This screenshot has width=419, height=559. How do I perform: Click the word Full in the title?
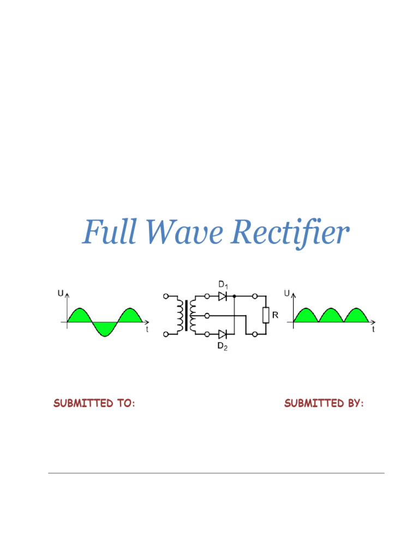(111, 233)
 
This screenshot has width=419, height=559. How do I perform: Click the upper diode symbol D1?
(222, 296)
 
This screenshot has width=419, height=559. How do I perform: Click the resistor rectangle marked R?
(266, 315)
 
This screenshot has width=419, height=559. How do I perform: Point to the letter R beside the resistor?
(276, 315)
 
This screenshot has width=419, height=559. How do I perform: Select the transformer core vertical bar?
(186, 315)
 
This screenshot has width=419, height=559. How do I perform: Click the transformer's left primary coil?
(179, 315)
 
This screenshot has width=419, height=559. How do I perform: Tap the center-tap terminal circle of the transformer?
(207, 315)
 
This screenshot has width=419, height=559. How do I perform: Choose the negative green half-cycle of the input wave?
(105, 328)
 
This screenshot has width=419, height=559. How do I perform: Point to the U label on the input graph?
(60, 294)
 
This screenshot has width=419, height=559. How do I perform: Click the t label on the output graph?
(373, 330)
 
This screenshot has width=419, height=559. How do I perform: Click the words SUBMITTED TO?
(94, 403)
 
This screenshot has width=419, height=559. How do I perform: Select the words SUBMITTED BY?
(324, 403)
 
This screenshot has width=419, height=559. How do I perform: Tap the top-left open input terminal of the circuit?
(165, 296)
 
